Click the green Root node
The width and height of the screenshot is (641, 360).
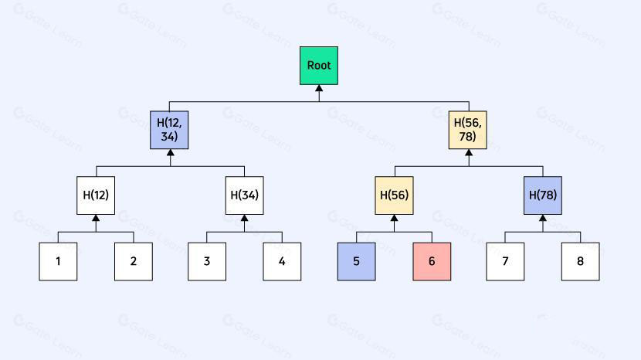point(319,66)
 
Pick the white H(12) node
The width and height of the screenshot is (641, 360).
point(96,195)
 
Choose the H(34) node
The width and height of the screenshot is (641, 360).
point(244,195)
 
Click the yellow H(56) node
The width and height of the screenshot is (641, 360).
point(394,195)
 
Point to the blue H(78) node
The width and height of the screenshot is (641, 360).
point(542,195)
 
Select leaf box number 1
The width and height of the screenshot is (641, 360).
point(58,261)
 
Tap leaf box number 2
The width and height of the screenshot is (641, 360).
point(134,261)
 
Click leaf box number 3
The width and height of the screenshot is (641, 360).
point(207,261)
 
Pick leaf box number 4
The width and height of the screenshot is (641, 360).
point(282,261)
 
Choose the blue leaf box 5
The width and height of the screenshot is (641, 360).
point(356,261)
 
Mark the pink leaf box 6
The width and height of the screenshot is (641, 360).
point(432,261)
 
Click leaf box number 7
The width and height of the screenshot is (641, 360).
point(505,261)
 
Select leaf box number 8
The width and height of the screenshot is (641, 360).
point(580,261)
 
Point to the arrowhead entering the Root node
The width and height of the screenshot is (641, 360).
point(319,89)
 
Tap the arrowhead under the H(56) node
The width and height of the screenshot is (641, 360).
point(394,219)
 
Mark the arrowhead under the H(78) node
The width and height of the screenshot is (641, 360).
point(542,219)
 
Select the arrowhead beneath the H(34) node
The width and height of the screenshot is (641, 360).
point(244,219)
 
